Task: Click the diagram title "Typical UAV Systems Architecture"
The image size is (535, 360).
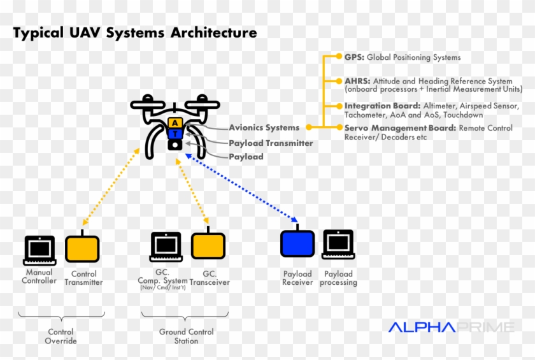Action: click(x=135, y=32)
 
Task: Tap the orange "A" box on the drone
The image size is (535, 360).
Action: click(x=175, y=122)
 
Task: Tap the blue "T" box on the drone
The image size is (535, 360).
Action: click(x=175, y=134)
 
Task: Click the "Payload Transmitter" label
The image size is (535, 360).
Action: click(x=271, y=143)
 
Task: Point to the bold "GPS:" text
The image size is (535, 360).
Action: click(x=353, y=57)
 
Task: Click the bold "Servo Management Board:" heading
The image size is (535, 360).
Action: click(x=400, y=128)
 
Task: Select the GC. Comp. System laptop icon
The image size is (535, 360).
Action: click(x=166, y=247)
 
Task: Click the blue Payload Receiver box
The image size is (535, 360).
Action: click(x=297, y=244)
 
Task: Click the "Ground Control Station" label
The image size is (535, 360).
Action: click(x=186, y=336)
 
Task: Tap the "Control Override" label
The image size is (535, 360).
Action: click(x=61, y=336)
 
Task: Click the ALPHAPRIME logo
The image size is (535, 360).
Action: click(x=451, y=327)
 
